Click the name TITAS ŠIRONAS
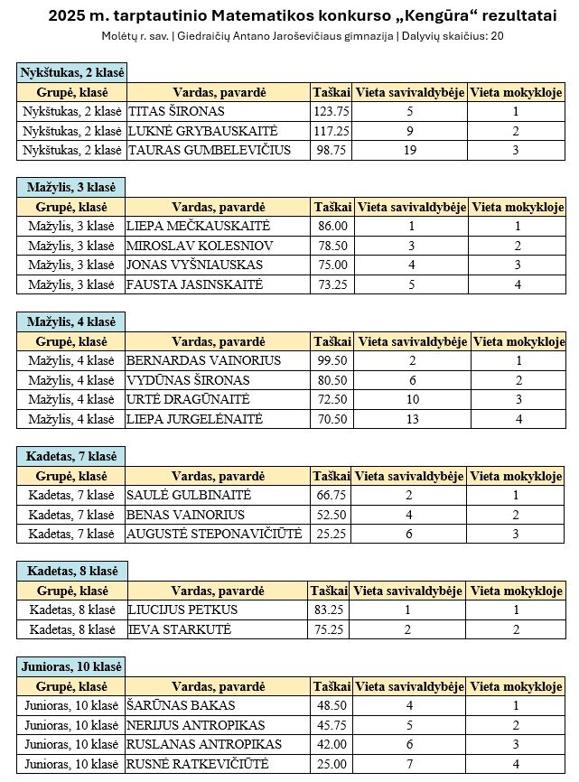[x=176, y=111]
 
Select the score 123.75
[x=331, y=111]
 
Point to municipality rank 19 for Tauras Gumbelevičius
[x=410, y=150]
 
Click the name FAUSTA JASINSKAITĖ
[x=195, y=284]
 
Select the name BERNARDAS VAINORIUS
[x=204, y=361]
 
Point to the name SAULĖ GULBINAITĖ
[x=190, y=495]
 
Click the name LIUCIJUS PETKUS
[x=182, y=610]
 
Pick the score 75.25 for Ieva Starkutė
[x=331, y=629]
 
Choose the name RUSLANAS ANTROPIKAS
[x=204, y=744]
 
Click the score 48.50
[x=331, y=705]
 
